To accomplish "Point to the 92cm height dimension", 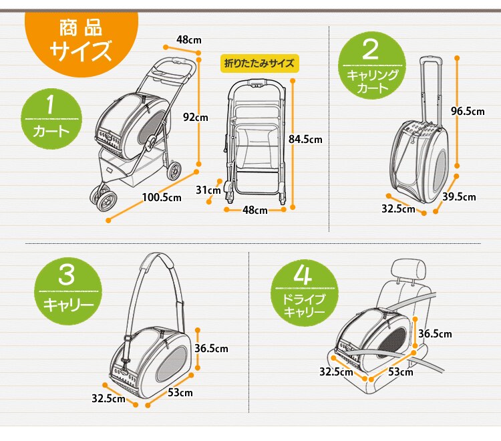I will click(x=196, y=117).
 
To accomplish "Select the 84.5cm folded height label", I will click(x=304, y=140).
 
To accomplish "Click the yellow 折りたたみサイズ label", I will click(x=259, y=64).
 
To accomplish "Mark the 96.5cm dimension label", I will click(x=467, y=112).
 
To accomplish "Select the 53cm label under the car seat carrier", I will click(x=401, y=372).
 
